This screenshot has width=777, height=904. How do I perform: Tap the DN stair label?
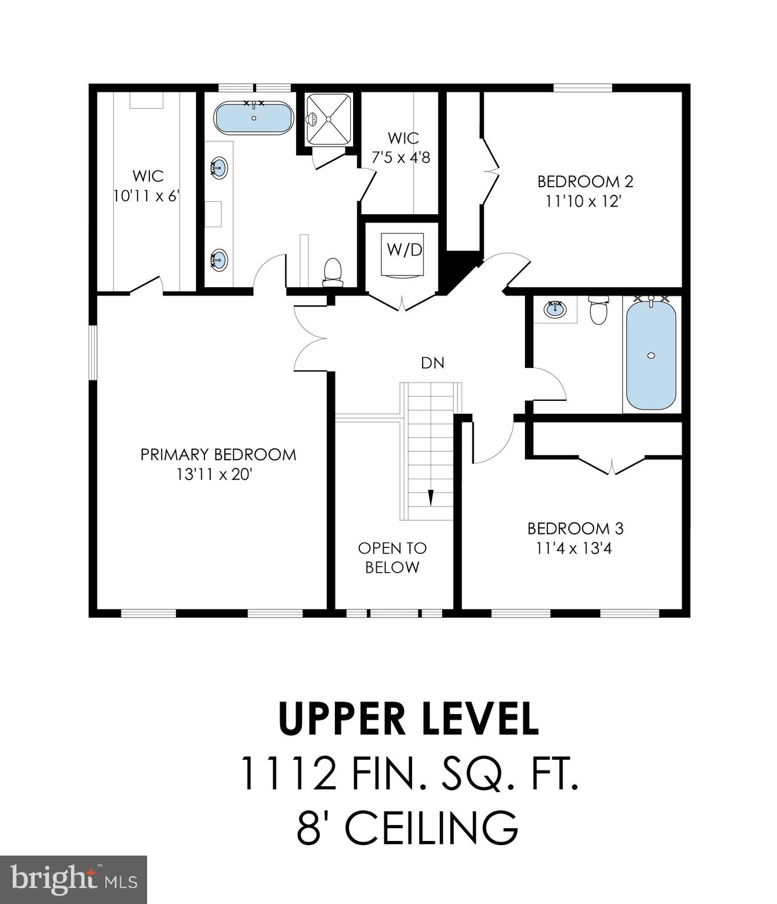(433, 363)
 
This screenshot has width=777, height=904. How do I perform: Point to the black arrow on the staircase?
(430, 497)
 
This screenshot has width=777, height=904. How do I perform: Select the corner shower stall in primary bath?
(328, 119)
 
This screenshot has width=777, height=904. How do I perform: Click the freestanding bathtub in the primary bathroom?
(254, 118)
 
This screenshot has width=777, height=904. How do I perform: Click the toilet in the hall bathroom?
(599, 311)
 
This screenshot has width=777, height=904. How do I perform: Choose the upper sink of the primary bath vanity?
(219, 167)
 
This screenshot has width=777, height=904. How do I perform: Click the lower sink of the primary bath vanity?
(219, 258)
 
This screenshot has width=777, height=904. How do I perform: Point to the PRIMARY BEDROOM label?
(218, 454)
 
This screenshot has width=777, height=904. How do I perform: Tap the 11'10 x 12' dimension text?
(583, 201)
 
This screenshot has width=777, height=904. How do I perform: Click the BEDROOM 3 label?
(575, 528)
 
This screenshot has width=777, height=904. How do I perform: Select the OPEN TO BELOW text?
(392, 557)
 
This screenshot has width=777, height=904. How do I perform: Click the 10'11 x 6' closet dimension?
(146, 195)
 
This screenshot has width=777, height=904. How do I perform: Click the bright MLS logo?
(74, 879)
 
